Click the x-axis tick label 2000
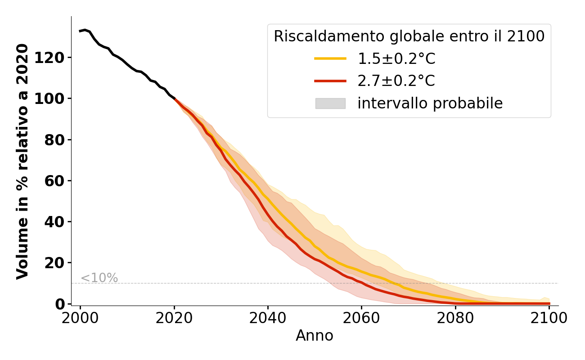pos(81,318)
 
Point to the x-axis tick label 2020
pos(174,318)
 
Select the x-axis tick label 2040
pos(268,318)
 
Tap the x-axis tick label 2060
pos(361,318)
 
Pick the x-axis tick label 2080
pos(455,318)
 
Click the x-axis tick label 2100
pos(549,318)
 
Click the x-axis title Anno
pos(315,336)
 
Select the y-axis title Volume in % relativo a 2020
pos(23,161)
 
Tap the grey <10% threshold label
pos(99,278)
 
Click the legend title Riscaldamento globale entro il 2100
pos(409,36)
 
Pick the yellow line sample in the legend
pos(330,58)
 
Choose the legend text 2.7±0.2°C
pos(396,81)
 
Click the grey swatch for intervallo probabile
pos(330,103)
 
